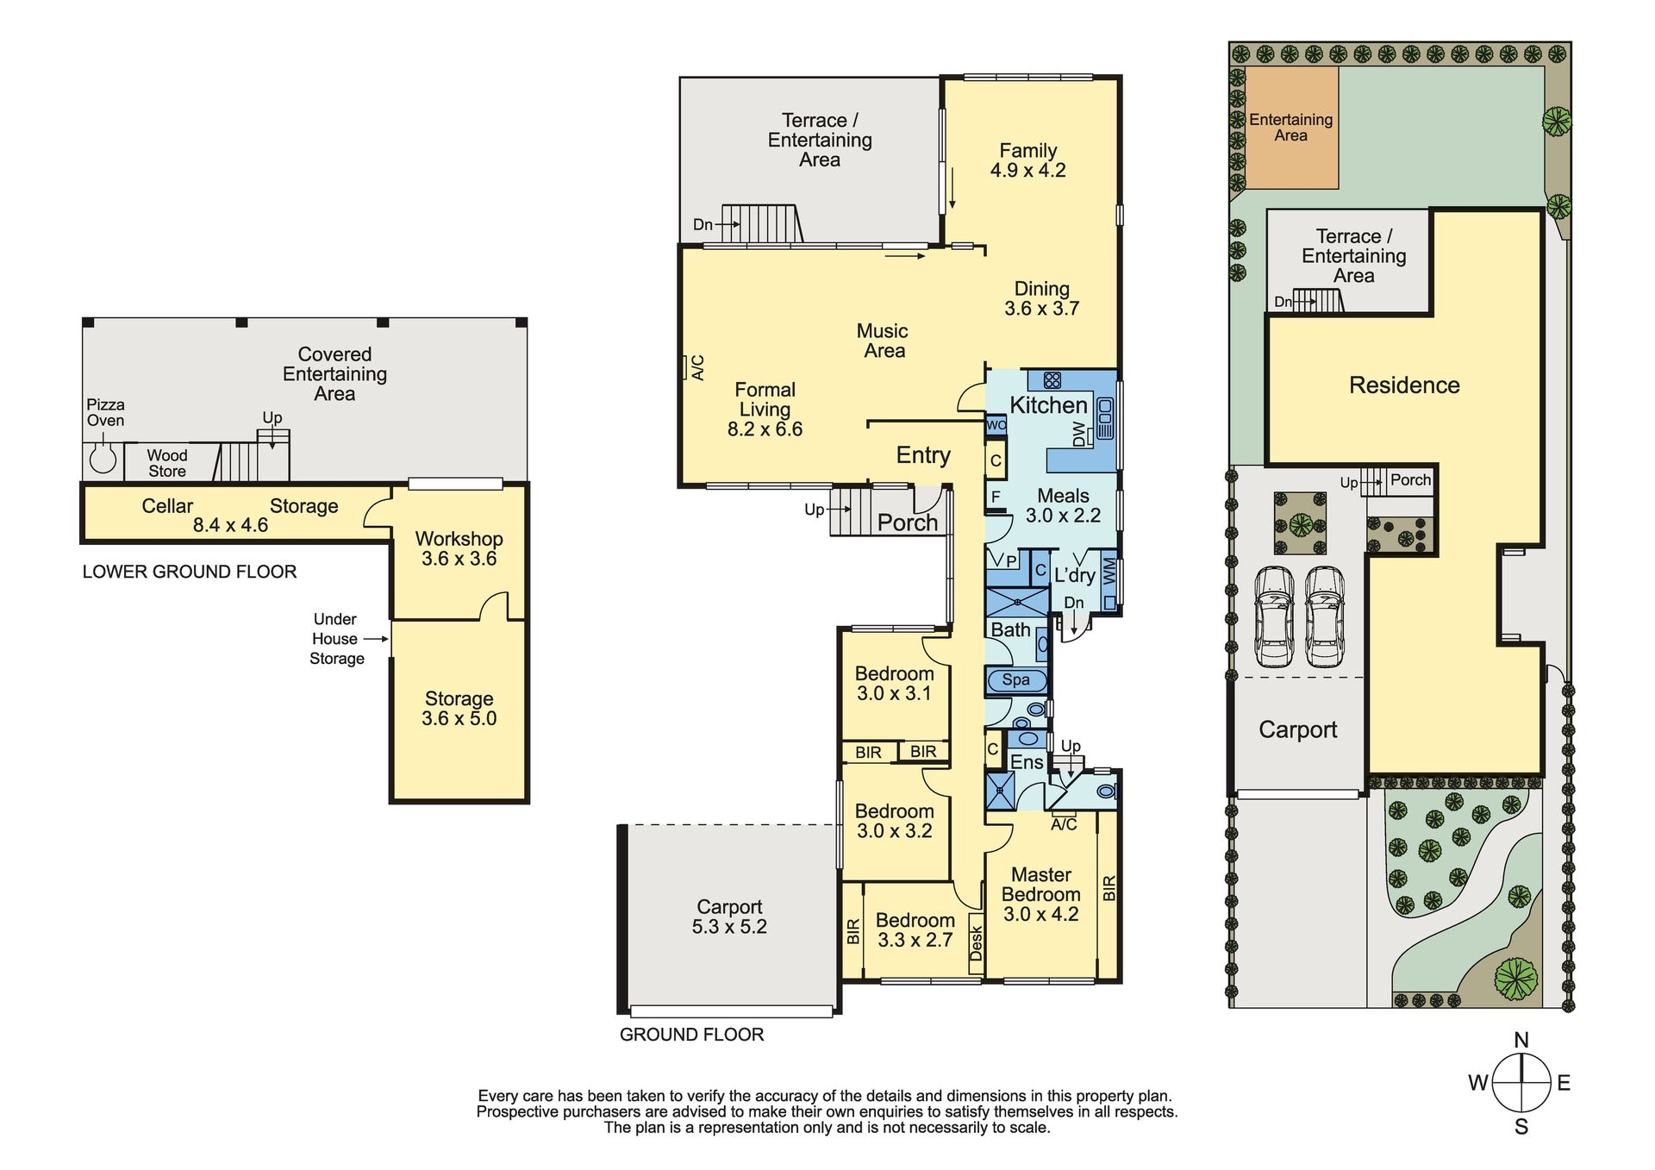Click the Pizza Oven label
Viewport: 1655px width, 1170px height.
(x=105, y=412)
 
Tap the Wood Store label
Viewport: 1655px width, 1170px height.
(x=167, y=463)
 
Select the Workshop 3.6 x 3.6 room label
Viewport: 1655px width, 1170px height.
(x=459, y=548)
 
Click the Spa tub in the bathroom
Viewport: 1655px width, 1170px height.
(x=1016, y=680)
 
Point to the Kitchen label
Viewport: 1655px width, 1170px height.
(x=1048, y=405)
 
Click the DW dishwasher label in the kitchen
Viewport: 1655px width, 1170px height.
(x=1079, y=435)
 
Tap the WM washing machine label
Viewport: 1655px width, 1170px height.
(x=1109, y=571)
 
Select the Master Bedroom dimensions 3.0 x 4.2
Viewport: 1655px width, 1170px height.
(x=1040, y=915)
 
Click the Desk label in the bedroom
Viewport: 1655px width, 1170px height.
(x=976, y=943)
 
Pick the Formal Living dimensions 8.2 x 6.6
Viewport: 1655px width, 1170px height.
(x=765, y=429)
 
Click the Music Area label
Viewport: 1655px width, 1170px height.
(x=883, y=341)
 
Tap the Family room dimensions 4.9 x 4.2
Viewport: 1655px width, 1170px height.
(x=1027, y=171)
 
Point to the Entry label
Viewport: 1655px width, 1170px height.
(x=923, y=455)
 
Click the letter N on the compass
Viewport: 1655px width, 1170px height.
(x=1521, y=1040)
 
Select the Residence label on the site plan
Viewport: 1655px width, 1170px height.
(x=1404, y=385)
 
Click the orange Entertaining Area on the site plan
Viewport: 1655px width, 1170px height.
(x=1291, y=128)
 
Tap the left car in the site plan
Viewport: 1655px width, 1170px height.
(x=1274, y=616)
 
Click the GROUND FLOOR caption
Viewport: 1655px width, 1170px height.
(x=691, y=1035)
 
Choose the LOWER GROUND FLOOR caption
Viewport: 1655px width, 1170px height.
(x=190, y=572)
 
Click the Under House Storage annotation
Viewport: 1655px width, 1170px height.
(x=336, y=639)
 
